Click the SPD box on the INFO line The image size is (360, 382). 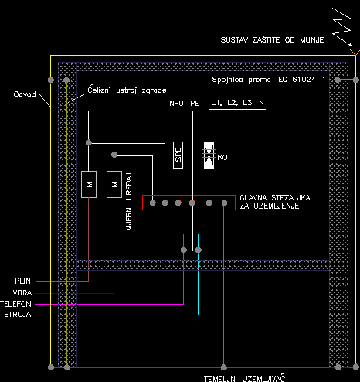(178, 155)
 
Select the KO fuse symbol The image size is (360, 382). (209, 155)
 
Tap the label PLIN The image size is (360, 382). (22, 281)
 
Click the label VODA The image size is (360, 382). (22, 292)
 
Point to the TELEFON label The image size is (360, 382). (15, 304)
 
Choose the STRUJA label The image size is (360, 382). (18, 315)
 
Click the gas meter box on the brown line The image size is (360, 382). (89, 184)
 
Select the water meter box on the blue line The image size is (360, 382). (114, 184)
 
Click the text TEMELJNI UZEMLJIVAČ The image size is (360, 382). (245, 378)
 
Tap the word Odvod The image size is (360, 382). (25, 94)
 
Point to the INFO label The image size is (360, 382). (175, 104)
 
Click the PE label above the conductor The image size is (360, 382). (195, 104)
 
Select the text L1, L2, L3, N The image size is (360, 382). (237, 103)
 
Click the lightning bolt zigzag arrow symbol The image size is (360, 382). (342, 27)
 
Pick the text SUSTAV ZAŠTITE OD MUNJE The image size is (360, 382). (272, 39)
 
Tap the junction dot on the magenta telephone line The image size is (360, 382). (184, 250)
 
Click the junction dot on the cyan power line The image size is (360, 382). (199, 250)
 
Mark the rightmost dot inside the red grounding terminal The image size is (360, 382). (224, 203)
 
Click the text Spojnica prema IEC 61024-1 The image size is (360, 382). (269, 80)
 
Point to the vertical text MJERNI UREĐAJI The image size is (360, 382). (129, 201)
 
